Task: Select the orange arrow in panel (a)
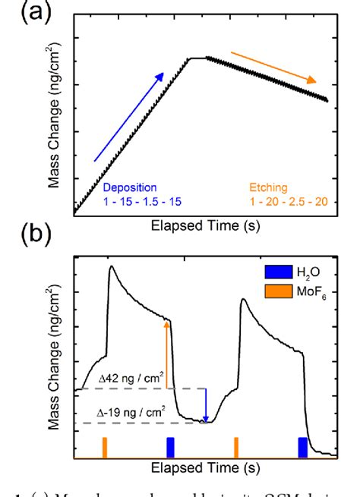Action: click(273, 68)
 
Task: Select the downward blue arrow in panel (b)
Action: click(206, 405)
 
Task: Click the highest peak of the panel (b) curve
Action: click(112, 266)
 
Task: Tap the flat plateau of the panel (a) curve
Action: click(197, 57)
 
